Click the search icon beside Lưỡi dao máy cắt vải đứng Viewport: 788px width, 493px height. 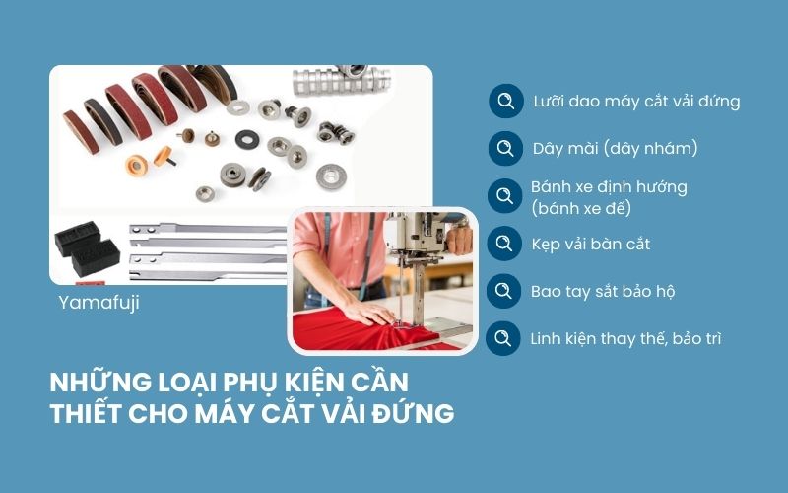coord(505,101)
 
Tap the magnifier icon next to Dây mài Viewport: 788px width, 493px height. coord(505,148)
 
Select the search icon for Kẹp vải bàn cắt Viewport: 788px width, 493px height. coord(505,243)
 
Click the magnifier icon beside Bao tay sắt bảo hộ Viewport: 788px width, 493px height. coord(505,291)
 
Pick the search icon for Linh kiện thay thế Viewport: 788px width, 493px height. coord(505,338)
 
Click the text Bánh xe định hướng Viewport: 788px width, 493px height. coord(608,187)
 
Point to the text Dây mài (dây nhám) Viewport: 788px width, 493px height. coord(615,149)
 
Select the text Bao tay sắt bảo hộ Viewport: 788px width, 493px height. coord(602,292)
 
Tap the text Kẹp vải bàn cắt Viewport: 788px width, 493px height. coord(590,244)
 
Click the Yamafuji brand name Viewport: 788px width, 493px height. coord(98,303)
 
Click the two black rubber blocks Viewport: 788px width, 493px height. coord(88,251)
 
